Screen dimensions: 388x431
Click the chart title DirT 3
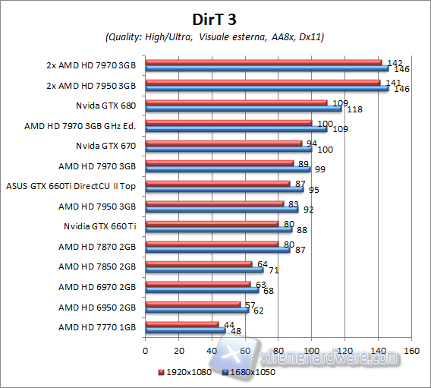click(x=215, y=17)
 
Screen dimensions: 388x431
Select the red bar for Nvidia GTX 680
click(x=235, y=102)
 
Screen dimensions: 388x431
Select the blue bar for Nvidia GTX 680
click(x=243, y=108)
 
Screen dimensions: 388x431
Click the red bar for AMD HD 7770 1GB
click(x=181, y=324)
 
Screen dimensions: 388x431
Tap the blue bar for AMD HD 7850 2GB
click(x=204, y=270)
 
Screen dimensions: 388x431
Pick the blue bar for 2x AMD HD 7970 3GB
click(x=266, y=68)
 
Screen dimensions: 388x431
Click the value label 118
click(x=354, y=109)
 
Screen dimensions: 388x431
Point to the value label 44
click(x=230, y=324)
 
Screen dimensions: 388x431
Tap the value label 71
click(x=275, y=270)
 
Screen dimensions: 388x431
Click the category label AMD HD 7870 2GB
click(x=98, y=246)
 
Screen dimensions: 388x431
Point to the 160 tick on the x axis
click(x=411, y=352)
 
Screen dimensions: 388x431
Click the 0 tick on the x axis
click(x=145, y=352)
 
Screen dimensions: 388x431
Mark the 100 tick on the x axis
click(x=311, y=352)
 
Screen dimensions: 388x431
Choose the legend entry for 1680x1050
click(x=250, y=372)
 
